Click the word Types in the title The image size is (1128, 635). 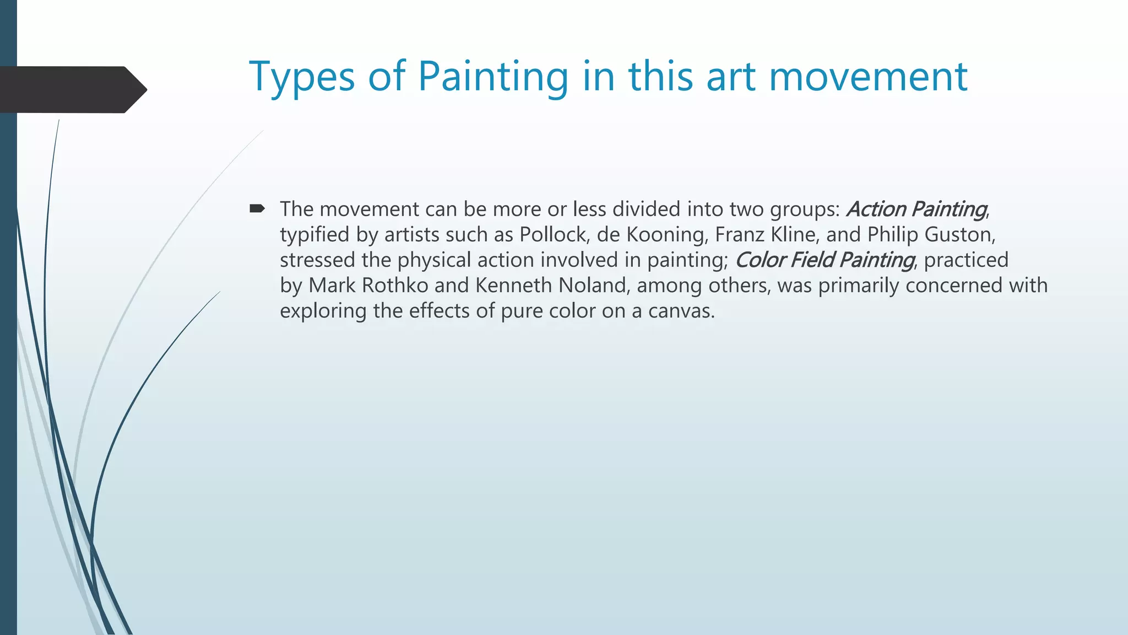[x=302, y=77]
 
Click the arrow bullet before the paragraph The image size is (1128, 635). [x=257, y=208]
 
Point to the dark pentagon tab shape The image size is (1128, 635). [x=72, y=89]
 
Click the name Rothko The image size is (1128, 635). [x=395, y=286]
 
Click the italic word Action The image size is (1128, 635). [x=876, y=209]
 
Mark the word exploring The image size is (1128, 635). [x=323, y=311]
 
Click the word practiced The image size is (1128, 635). [x=966, y=260]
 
